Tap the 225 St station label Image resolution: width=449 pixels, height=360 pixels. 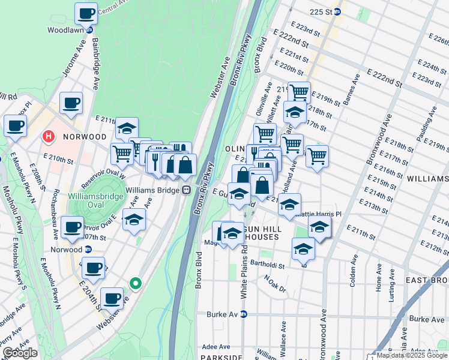click(321, 11)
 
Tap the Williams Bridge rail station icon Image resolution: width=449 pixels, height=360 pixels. click(187, 190)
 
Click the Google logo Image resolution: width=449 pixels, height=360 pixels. click(20, 352)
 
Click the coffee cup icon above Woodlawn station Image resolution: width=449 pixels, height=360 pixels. click(85, 12)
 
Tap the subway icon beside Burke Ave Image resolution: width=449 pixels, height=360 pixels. click(243, 314)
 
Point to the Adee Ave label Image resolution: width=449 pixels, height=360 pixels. click(219, 347)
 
